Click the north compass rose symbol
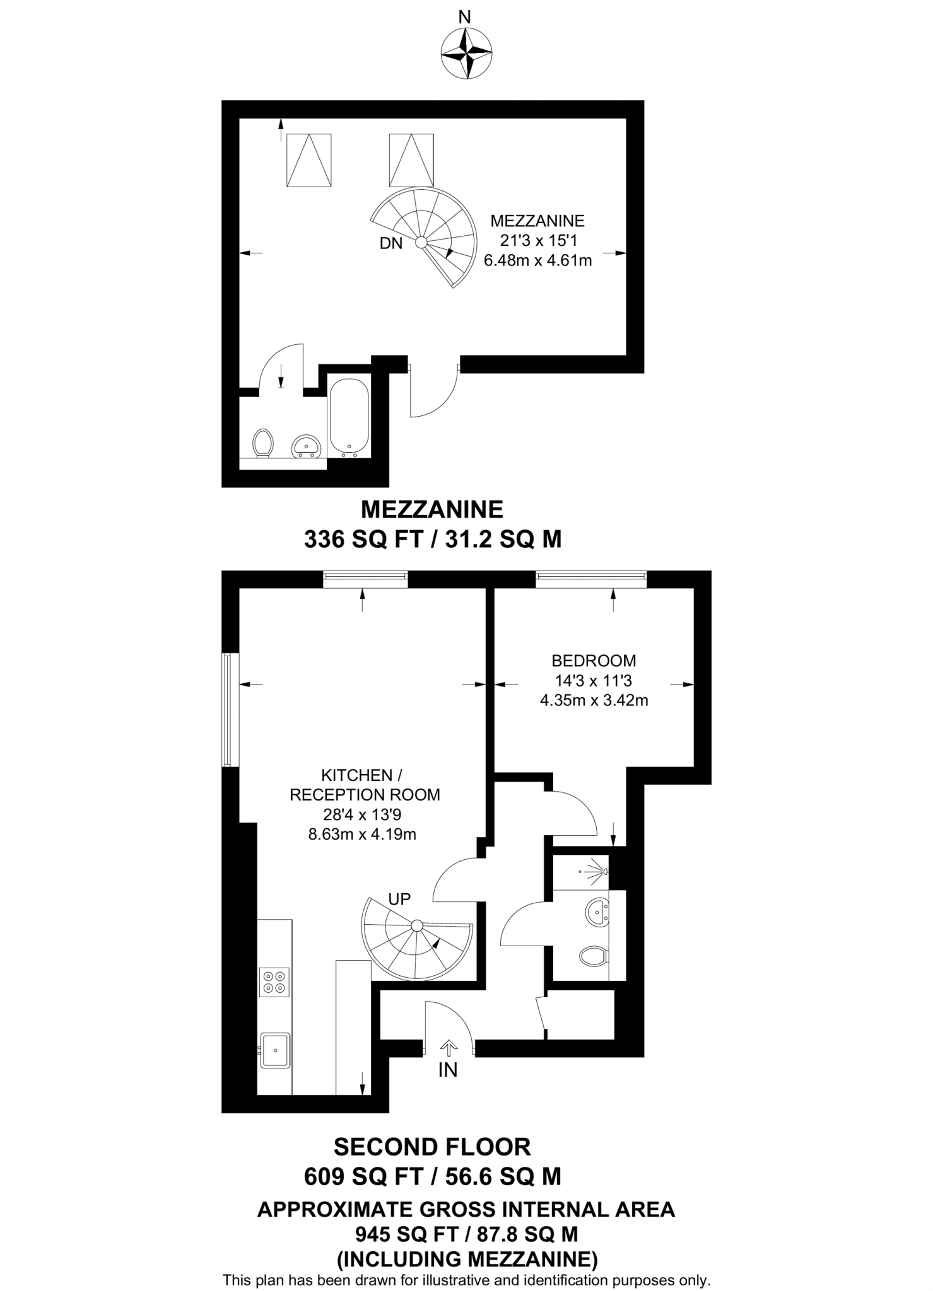click(466, 54)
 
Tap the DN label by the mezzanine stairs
click(390, 243)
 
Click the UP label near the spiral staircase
click(399, 899)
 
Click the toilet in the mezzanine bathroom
click(262, 443)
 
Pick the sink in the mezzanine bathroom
click(307, 446)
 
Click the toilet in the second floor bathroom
click(594, 956)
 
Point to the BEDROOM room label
click(594, 661)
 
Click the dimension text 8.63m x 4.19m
click(362, 835)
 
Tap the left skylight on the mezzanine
click(309, 160)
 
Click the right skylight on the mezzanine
click(411, 160)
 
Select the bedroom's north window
click(591, 578)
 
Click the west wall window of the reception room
click(230, 710)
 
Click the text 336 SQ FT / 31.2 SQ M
click(433, 540)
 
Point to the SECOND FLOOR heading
click(432, 1147)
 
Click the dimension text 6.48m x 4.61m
click(537, 260)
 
